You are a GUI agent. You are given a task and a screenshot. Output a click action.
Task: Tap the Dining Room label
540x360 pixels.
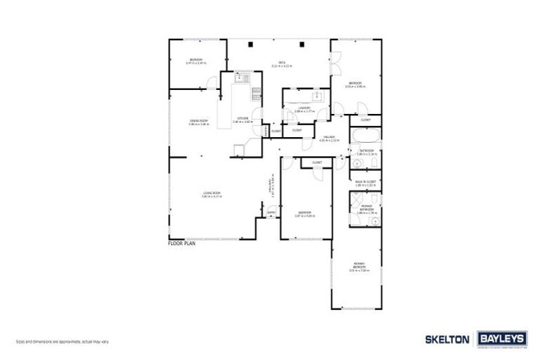[x=200, y=122]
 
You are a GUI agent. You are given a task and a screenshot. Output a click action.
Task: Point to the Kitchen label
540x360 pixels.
[x=241, y=119]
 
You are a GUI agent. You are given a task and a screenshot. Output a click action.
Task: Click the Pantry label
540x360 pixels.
[x=265, y=131]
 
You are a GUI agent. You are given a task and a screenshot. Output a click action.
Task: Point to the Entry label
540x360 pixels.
[x=271, y=212]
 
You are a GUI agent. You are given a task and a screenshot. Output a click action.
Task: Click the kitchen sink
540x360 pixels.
[x=240, y=79]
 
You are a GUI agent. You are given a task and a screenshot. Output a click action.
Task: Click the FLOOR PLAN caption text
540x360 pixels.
[x=181, y=243]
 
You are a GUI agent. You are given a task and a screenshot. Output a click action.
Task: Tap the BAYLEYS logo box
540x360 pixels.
[x=501, y=338]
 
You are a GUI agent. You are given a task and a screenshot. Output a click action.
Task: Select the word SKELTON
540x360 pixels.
[x=448, y=339]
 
